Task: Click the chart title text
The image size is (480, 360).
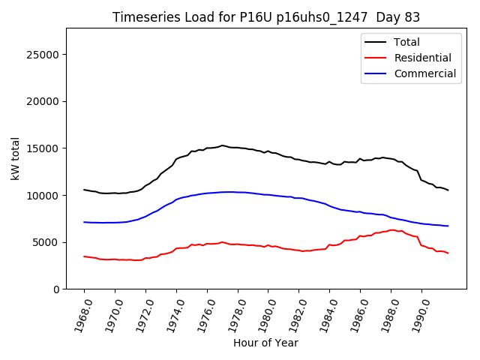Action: [266, 17]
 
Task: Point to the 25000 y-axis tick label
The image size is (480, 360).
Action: [43, 55]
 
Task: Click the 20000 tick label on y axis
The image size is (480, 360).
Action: [43, 101]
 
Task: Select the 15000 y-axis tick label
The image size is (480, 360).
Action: [43, 148]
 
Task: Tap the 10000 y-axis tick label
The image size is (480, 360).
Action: [43, 195]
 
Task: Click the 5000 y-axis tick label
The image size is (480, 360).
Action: [46, 242]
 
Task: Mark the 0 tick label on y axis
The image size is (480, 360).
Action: [56, 289]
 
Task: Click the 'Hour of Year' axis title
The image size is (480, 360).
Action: [265, 343]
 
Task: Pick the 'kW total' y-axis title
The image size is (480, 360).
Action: [15, 158]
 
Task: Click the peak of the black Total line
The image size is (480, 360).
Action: [222, 145]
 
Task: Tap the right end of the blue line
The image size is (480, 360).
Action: [448, 226]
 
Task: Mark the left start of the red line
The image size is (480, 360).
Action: [84, 256]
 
